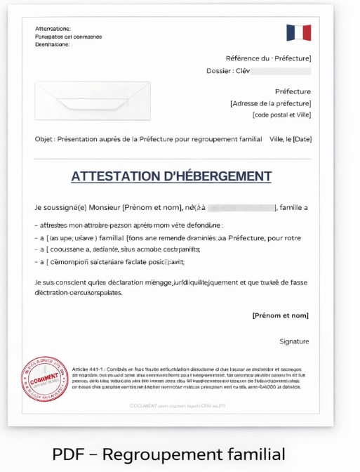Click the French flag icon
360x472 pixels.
(298, 32)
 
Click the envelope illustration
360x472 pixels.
(92, 100)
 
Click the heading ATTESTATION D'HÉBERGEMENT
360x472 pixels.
(171, 176)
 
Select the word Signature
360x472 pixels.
(294, 341)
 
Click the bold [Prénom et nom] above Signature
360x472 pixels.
(280, 315)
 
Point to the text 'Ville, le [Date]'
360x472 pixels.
(290, 139)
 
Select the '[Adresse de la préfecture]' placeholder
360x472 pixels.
(270, 103)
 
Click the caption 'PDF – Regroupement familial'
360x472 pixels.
(168, 454)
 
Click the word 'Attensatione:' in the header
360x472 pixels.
(53, 29)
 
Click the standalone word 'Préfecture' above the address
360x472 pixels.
(293, 91)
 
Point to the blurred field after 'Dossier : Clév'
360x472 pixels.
(281, 71)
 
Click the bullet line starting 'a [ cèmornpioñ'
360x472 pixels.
(109, 261)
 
